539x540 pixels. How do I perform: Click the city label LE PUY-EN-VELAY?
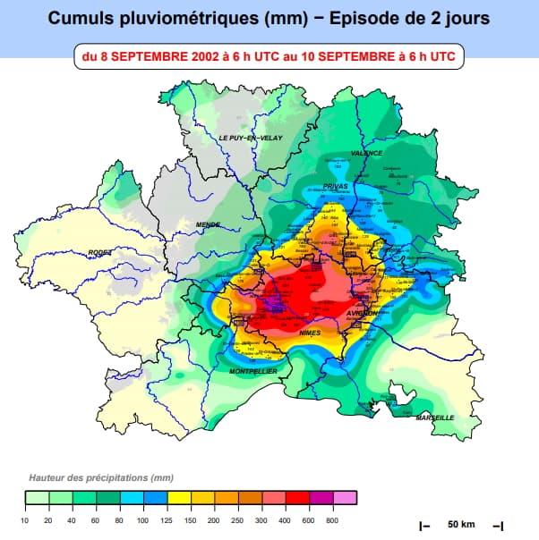250,138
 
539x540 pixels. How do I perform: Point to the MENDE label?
208,224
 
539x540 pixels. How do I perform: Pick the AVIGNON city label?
362,314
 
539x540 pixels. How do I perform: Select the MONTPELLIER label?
253,371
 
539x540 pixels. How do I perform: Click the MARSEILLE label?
435,418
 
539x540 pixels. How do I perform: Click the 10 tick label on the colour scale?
25,519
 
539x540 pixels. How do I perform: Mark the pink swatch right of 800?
345,498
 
